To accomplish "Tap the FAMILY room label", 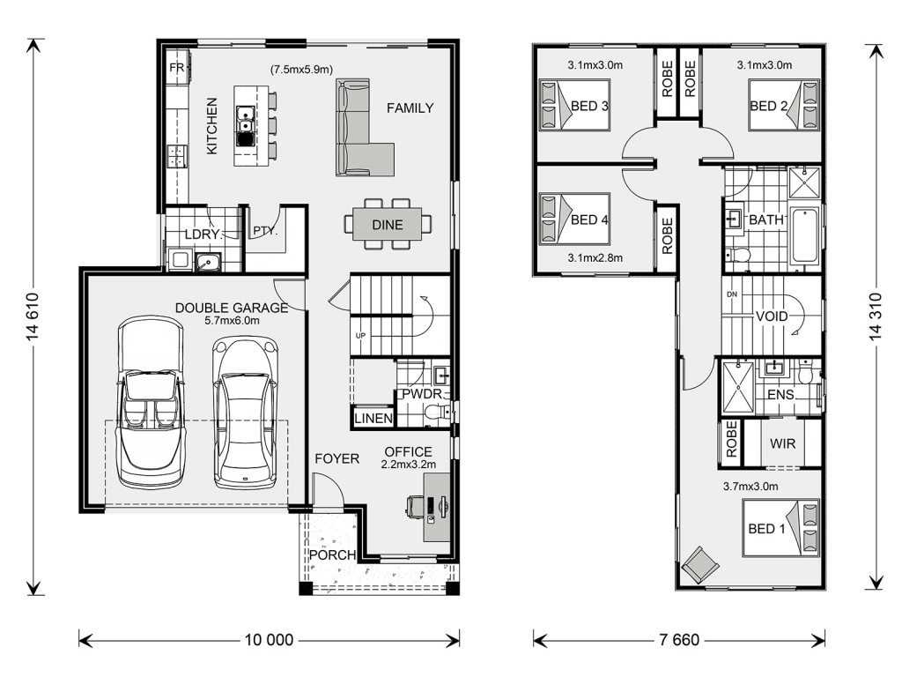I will pyautogui.click(x=410, y=108).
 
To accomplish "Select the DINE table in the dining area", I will pyautogui.click(x=388, y=225).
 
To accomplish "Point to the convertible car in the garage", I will pyautogui.click(x=151, y=404).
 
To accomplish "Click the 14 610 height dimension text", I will pyautogui.click(x=34, y=318).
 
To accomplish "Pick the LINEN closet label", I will pyautogui.click(x=373, y=419).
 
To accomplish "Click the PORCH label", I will pyautogui.click(x=332, y=555).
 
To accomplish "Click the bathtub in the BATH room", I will pyautogui.click(x=804, y=235).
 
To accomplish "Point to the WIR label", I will pyautogui.click(x=782, y=443).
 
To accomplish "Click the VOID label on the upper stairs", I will pyautogui.click(x=771, y=316).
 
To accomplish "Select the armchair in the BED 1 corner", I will pyautogui.click(x=700, y=564).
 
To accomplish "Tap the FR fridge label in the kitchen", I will pyautogui.click(x=175, y=68).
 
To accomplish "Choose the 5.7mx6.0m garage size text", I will pyautogui.click(x=231, y=323).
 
